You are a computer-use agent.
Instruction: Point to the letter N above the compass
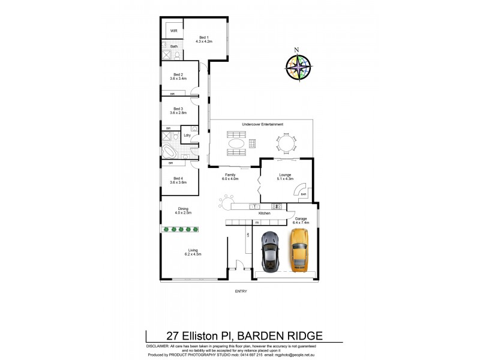[x=296, y=50]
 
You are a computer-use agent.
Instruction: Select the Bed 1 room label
[x=206, y=39]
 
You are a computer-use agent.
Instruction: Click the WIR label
[x=174, y=30]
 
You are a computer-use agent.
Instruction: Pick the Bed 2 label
[x=178, y=76]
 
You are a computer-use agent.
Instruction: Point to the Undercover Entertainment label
[x=262, y=124]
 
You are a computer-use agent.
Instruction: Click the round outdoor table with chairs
[x=286, y=143]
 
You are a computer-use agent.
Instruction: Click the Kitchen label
[x=265, y=214]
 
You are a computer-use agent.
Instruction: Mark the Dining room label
[x=182, y=211]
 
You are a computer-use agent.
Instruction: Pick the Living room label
[x=193, y=252]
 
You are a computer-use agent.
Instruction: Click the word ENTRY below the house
[x=241, y=292]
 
